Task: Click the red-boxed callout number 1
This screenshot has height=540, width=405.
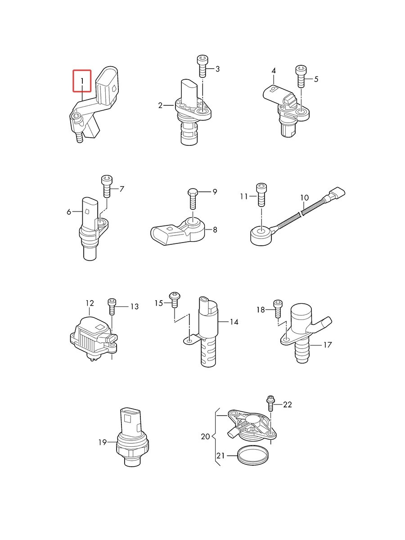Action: [82, 81]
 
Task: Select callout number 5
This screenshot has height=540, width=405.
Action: [316, 79]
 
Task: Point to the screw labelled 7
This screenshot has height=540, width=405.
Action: [107, 186]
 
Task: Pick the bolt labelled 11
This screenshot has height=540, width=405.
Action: [261, 195]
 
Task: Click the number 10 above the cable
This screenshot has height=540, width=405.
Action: [304, 198]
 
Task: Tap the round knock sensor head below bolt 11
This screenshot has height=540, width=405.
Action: [260, 235]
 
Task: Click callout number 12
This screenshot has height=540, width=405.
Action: [90, 303]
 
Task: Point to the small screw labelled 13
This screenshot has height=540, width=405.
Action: [112, 306]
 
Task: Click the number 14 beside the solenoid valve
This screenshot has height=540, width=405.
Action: [234, 322]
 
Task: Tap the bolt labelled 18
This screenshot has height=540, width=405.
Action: [278, 309]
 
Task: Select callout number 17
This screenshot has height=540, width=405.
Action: [327, 345]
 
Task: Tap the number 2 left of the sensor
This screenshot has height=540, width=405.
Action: [160, 106]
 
